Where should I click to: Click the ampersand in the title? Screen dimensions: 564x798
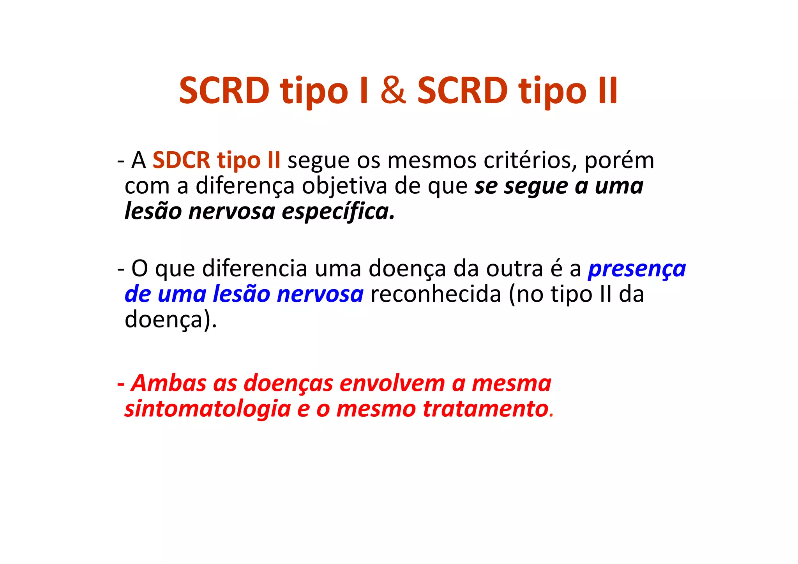(x=393, y=90)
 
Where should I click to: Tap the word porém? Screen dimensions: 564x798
(x=619, y=160)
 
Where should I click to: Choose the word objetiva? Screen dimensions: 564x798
(x=344, y=186)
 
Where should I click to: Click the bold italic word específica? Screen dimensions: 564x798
(x=338, y=212)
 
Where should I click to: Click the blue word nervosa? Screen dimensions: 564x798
(x=320, y=294)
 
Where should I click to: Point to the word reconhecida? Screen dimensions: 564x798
(x=436, y=294)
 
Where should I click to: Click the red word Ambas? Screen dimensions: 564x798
(x=169, y=383)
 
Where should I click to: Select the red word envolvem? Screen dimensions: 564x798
(x=392, y=383)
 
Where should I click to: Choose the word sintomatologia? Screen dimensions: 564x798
(x=208, y=409)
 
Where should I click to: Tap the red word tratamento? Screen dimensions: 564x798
(x=486, y=409)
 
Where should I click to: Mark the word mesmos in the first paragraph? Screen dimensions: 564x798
(x=432, y=160)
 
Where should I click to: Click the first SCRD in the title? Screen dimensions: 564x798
(x=224, y=90)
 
